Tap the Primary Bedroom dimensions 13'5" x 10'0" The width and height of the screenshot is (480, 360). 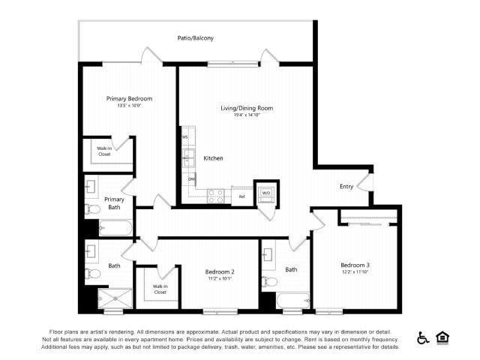[129, 106]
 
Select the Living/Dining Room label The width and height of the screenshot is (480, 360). [246, 108]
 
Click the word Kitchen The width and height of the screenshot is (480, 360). [213, 158]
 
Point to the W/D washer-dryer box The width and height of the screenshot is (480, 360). [266, 193]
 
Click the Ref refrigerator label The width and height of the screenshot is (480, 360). [241, 196]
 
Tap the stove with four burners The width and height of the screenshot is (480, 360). [216, 196]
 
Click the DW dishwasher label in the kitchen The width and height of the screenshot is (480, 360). [192, 179]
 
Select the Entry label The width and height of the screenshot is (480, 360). [346, 187]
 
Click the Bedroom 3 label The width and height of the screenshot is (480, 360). [355, 265]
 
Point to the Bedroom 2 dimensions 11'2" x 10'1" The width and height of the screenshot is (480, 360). [220, 278]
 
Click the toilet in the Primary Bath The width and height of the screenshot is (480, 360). [92, 208]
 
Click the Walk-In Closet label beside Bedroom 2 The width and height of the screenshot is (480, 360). [160, 289]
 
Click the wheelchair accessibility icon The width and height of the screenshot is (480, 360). [423, 338]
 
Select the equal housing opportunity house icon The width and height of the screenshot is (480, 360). [442, 338]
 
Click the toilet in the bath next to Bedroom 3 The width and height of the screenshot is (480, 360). [270, 282]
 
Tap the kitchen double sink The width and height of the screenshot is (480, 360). [190, 158]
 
